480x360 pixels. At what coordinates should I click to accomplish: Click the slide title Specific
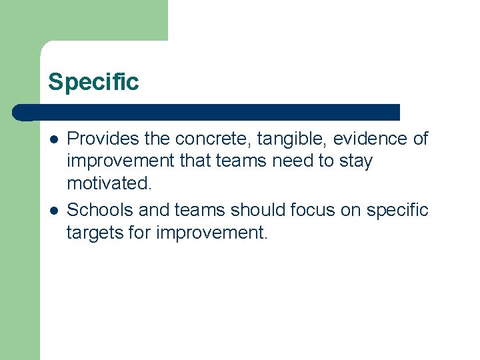click(93, 82)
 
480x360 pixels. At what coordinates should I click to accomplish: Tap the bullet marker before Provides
click(53, 139)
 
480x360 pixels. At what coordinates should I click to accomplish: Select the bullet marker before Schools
click(53, 211)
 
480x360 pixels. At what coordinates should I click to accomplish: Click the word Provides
click(98, 139)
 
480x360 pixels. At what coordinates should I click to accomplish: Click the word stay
click(357, 161)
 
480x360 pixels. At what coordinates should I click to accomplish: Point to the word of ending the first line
click(419, 139)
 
